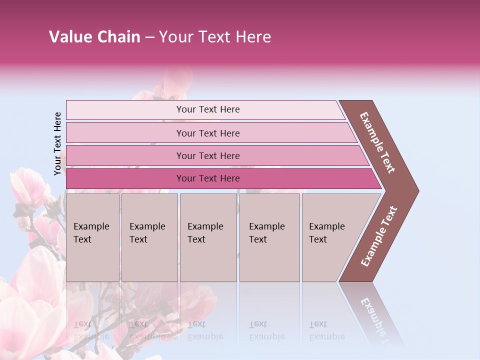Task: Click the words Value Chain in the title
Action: tap(94, 37)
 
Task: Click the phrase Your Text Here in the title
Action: tap(215, 37)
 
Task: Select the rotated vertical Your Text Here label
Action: tap(57, 144)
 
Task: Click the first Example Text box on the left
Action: tap(92, 237)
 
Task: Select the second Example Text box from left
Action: tap(149, 237)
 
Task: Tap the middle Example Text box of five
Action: tap(208, 237)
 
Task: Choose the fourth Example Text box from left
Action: tap(269, 237)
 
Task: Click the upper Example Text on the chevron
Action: tap(377, 142)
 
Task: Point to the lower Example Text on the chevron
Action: tap(379, 236)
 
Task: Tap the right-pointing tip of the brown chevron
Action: tap(416, 191)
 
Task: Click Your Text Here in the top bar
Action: tap(208, 109)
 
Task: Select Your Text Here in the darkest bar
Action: tap(208, 178)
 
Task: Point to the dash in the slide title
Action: tap(149, 37)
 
